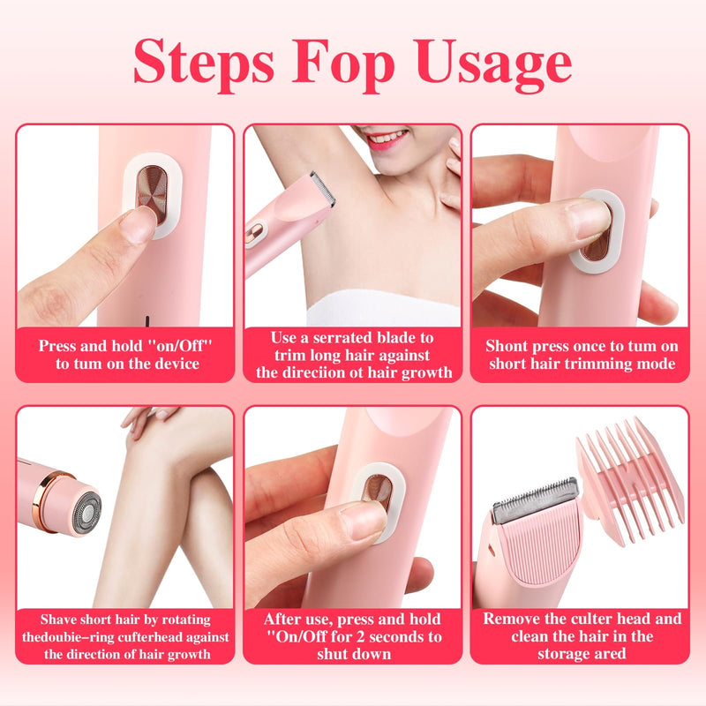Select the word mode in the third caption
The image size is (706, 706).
click(x=653, y=364)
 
